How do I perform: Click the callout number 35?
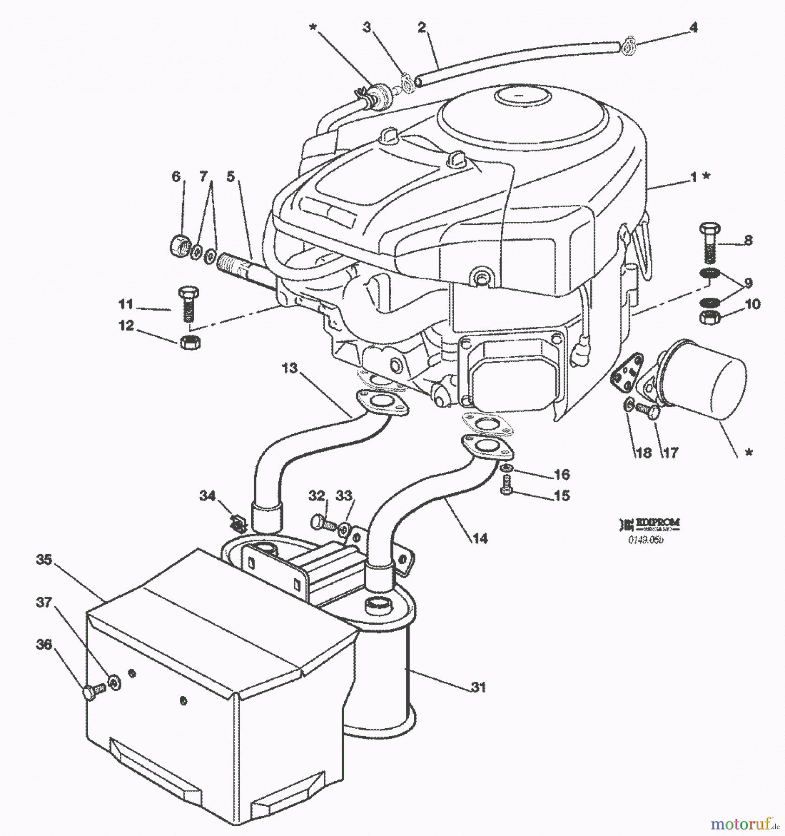(44, 560)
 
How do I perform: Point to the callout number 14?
(480, 538)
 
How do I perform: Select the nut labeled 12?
(189, 342)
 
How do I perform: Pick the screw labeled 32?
(321, 522)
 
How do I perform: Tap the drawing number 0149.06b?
(646, 539)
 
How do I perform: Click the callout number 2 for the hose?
(421, 27)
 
